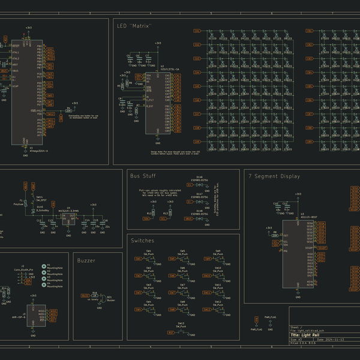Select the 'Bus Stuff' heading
(x=143, y=176)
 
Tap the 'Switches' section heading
(x=142, y=241)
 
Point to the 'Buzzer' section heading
(x=86, y=260)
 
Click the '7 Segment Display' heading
(x=274, y=176)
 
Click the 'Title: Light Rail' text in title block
(x=308, y=334)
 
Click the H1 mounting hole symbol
(x=43, y=265)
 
